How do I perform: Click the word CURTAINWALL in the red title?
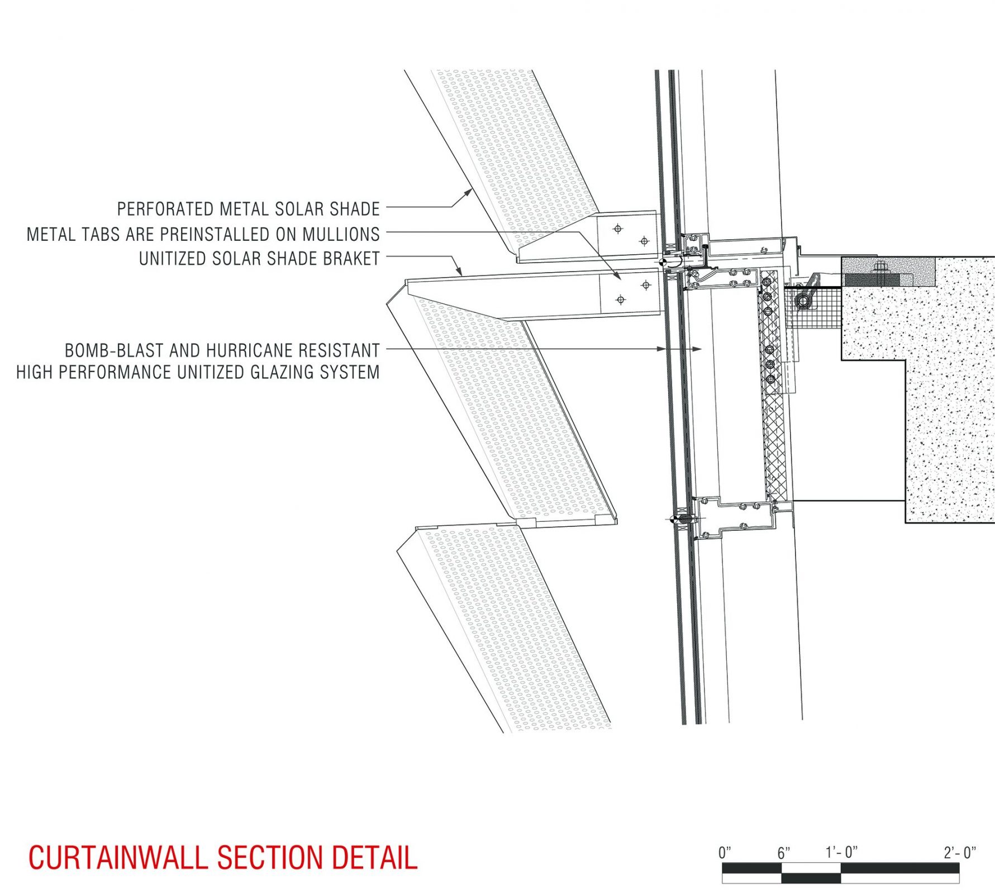click(117, 858)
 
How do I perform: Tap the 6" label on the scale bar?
click(784, 853)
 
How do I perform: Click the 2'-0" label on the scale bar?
click(960, 853)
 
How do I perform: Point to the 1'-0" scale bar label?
click(841, 853)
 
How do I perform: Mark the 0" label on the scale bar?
click(725, 853)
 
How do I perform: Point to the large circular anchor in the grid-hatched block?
click(803, 301)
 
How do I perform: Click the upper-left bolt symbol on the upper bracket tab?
click(617, 229)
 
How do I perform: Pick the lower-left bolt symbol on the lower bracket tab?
click(620, 300)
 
